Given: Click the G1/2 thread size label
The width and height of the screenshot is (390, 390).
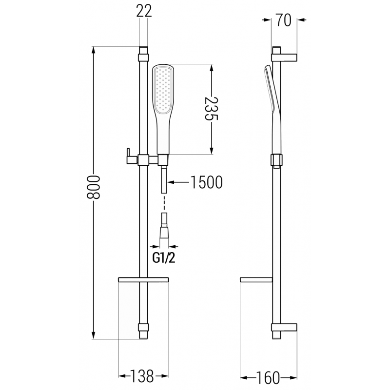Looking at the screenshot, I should [164, 258].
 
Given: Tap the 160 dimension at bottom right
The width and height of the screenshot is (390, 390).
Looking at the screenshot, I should [268, 377].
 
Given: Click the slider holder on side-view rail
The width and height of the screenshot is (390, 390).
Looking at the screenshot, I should [276, 160].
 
